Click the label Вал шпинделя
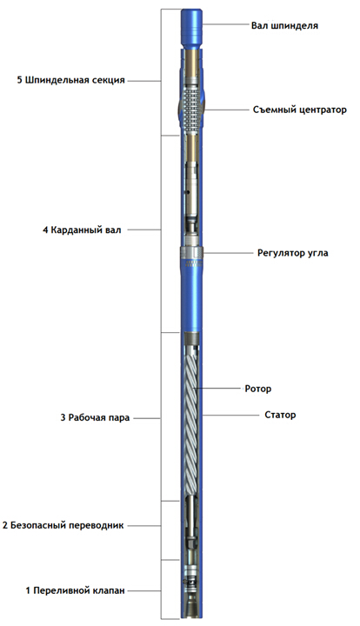[284, 26]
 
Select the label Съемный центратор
[300, 110]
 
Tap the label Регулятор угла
[292, 253]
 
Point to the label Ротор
[258, 389]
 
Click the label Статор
[280, 415]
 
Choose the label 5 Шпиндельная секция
[71, 80]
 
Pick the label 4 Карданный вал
[82, 230]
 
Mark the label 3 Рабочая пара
[95, 418]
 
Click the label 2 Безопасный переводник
[63, 525]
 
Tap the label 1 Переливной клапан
[76, 590]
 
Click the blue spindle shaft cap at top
[191, 28]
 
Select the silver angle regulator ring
[191, 252]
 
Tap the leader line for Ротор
[218, 388]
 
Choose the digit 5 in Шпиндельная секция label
[19, 80]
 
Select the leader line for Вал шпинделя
[225, 24]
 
